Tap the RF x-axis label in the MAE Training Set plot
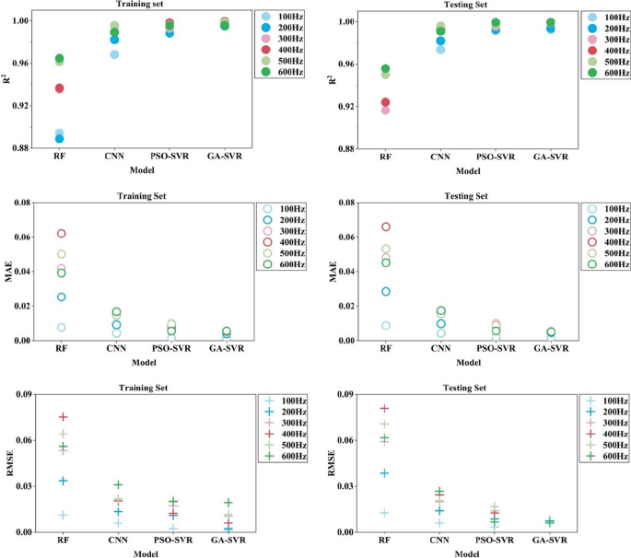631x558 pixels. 61,351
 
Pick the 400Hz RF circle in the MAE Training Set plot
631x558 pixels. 61,234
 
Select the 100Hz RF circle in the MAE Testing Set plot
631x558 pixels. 386,326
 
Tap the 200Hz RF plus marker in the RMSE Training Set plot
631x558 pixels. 61,481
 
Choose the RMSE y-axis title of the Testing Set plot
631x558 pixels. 332,465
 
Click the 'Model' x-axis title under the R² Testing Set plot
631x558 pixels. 468,170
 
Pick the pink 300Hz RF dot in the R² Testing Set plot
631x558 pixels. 386,110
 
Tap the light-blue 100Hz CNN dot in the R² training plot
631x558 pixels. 114,54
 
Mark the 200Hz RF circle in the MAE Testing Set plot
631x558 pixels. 386,292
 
